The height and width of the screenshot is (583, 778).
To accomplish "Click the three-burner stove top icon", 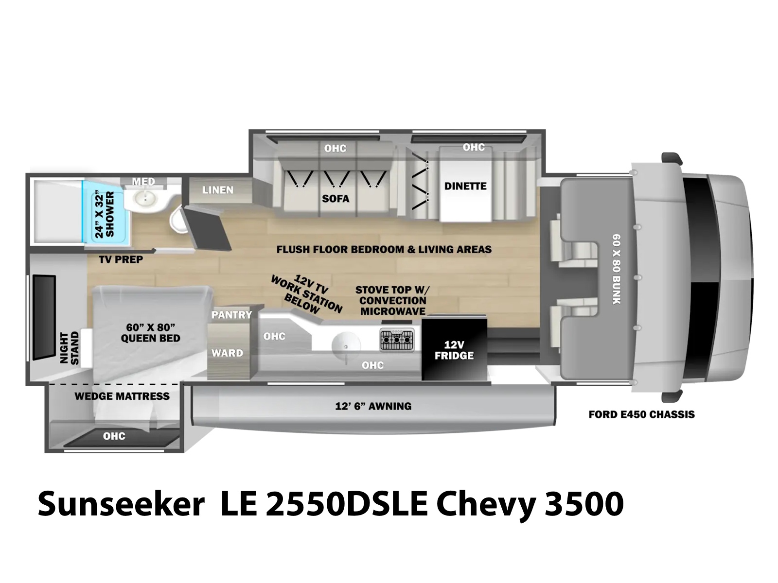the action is [397, 340].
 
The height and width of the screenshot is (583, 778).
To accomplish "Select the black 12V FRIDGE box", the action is [454, 348].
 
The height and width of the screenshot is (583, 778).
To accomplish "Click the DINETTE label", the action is [465, 186].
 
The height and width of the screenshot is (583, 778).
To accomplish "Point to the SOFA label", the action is [336, 199].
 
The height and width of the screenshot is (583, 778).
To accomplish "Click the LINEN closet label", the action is [218, 190].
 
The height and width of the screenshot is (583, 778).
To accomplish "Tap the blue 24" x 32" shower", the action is [104, 212].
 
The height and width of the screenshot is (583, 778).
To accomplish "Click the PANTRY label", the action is [231, 315].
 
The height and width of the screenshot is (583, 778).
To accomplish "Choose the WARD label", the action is [227, 353].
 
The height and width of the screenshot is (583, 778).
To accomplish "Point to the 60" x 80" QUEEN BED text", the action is [151, 333].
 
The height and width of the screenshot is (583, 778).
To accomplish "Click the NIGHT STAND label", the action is [70, 348].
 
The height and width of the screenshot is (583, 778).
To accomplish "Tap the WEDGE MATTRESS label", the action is [122, 396].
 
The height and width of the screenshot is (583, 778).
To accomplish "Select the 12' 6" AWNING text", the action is [373, 406].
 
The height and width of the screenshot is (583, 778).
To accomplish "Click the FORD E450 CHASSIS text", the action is [641, 414].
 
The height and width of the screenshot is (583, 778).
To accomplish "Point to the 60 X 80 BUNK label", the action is [617, 269].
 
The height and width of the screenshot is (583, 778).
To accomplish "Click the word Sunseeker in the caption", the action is [121, 504].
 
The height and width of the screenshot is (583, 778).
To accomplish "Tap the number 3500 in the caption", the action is [584, 504].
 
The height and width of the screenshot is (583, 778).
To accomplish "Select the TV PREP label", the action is [121, 259].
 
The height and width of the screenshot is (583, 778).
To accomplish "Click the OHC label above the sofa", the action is [335, 148].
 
